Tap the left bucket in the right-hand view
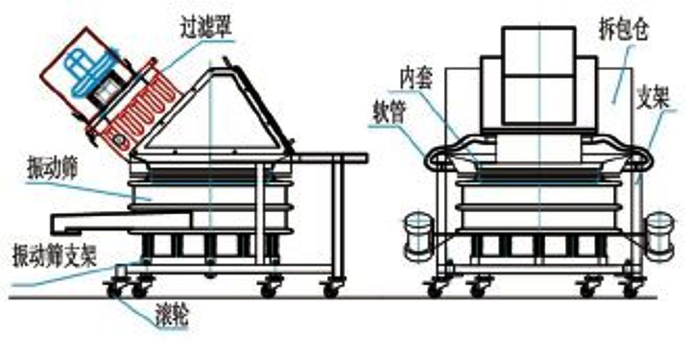click(414, 234)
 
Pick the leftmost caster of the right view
click(437, 285)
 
